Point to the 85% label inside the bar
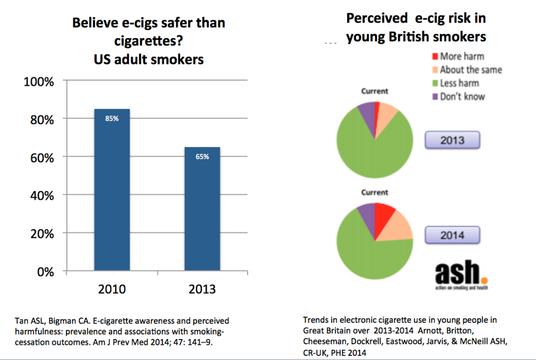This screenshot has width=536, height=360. pyautogui.click(x=112, y=119)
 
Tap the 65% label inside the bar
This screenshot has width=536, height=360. pyautogui.click(x=202, y=156)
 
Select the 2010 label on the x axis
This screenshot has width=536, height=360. pyautogui.click(x=112, y=289)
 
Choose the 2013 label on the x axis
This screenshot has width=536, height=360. pyautogui.click(x=202, y=289)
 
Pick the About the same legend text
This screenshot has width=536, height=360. pyautogui.click(x=471, y=70)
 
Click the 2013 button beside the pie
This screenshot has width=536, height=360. pyautogui.click(x=452, y=141)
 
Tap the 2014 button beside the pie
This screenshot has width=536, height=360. pyautogui.click(x=452, y=235)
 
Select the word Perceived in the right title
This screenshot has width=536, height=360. pyautogui.click(x=377, y=18)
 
